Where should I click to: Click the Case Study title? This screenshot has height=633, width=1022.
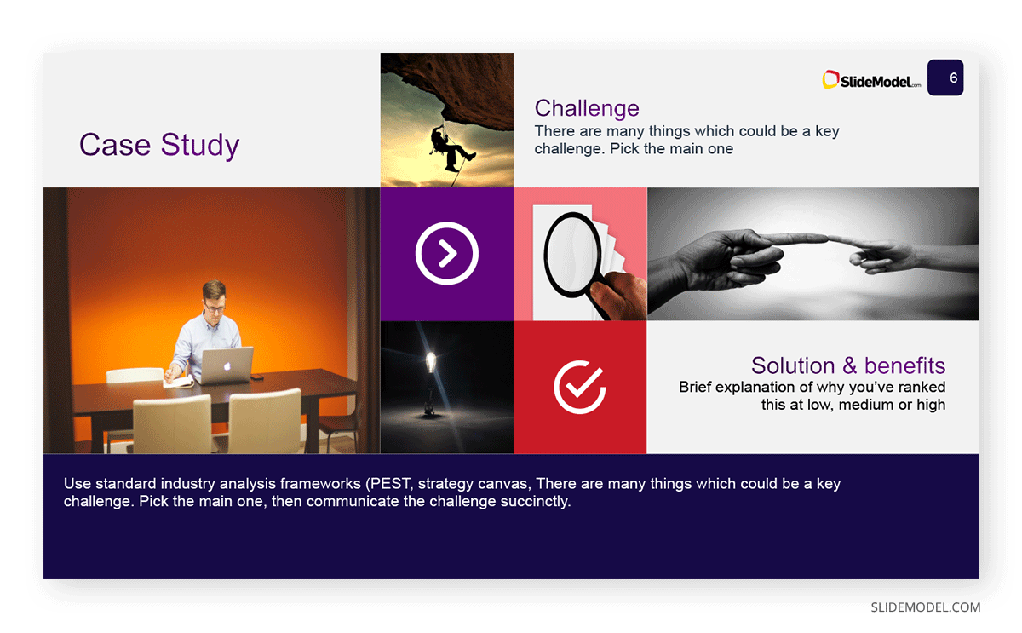[x=159, y=145]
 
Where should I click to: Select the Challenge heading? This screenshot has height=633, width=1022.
[x=587, y=108]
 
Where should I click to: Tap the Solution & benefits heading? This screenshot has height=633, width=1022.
[x=848, y=365]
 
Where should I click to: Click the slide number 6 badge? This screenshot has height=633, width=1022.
[x=945, y=78]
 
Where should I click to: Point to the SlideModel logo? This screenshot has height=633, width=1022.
[x=871, y=80]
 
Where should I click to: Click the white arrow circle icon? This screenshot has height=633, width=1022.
[x=446, y=253]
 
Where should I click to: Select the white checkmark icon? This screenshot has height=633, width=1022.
[x=580, y=387]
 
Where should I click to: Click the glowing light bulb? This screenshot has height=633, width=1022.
[x=430, y=362]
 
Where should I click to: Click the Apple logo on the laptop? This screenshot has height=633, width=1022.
[x=227, y=366]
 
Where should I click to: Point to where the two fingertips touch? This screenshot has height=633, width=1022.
[x=827, y=239]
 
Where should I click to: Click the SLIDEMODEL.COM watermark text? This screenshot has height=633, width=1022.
[x=925, y=607]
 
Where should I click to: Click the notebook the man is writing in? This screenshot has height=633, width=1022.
[x=179, y=382]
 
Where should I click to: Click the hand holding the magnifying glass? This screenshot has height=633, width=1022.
[x=621, y=296]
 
